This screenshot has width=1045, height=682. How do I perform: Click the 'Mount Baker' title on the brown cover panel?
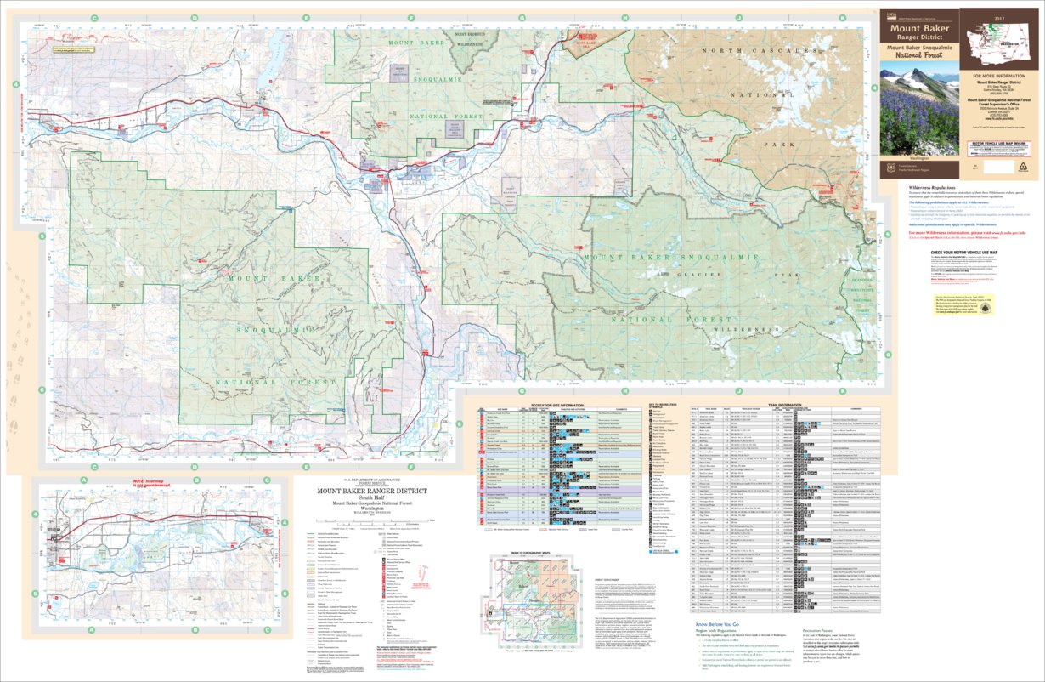point(920,28)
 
